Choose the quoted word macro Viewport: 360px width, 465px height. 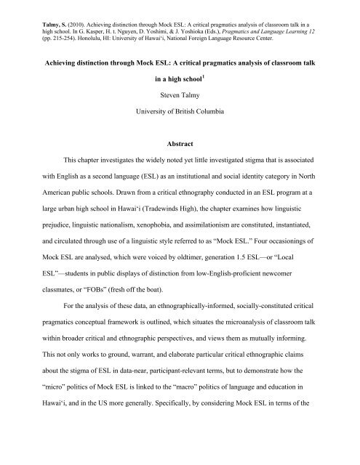pos(199,429)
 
